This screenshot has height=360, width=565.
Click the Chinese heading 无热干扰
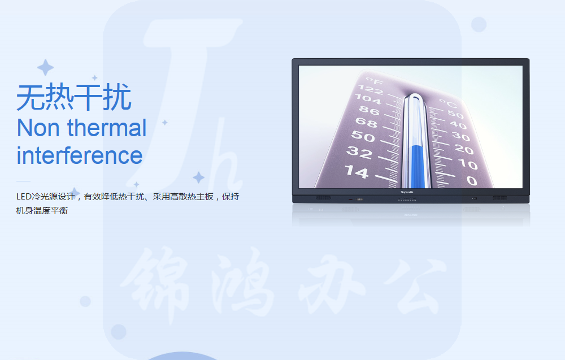point(74,97)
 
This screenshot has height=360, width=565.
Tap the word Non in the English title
point(38,128)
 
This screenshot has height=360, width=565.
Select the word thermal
point(107,127)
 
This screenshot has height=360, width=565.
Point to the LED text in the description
point(24,197)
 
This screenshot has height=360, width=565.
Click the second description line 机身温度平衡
point(42,210)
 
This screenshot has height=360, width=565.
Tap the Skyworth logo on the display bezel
point(407,192)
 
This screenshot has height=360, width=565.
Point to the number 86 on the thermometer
point(369,110)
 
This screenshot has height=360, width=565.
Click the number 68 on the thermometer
point(366,123)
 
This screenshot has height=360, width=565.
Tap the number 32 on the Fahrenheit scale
point(359,153)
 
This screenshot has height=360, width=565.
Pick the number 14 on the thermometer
point(357,172)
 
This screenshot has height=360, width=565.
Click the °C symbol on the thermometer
point(448,104)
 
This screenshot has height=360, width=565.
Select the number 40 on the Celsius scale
point(458,125)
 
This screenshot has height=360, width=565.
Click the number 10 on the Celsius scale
point(468,164)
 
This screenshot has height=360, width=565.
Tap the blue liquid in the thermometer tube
point(418,167)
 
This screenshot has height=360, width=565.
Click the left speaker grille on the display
point(323,198)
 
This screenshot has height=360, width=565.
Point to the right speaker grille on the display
point(500,198)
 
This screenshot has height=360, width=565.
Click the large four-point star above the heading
point(45,67)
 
